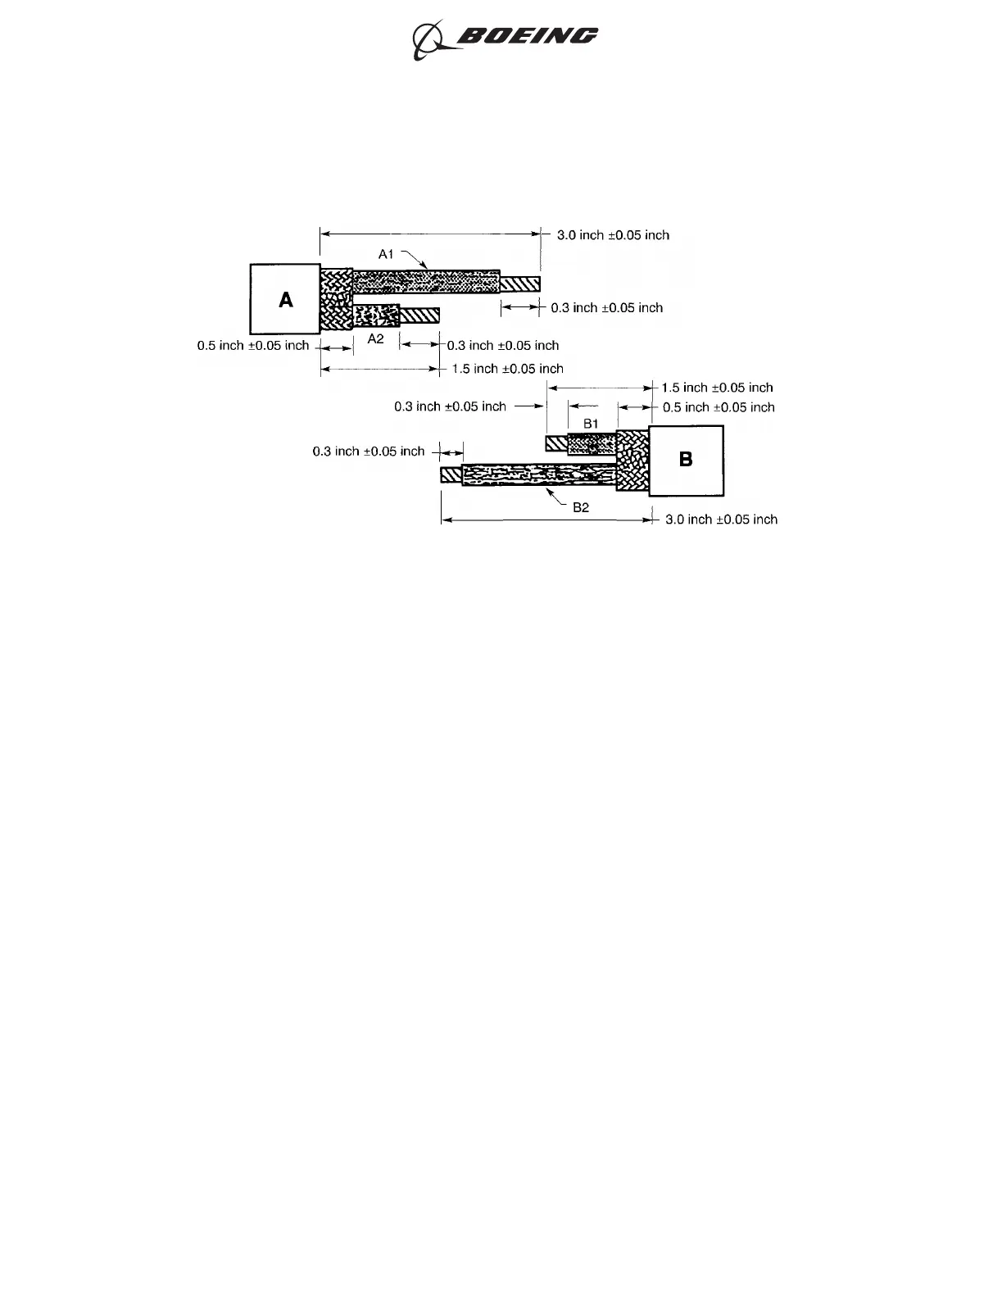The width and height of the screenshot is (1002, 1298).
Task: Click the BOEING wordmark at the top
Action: tap(527, 36)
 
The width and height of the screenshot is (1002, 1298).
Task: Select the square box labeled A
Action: tap(284, 299)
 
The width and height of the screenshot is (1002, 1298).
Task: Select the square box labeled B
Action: tap(686, 460)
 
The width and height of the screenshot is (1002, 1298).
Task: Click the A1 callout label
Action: tap(387, 255)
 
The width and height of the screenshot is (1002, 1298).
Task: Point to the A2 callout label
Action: tap(375, 338)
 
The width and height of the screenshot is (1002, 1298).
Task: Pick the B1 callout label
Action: tap(592, 423)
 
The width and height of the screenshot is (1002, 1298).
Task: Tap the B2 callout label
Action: tap(580, 507)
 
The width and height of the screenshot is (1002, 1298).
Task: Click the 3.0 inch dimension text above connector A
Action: tap(613, 235)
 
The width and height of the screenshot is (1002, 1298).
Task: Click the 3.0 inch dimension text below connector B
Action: tap(721, 519)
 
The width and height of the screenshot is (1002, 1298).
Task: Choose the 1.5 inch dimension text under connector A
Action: tap(507, 369)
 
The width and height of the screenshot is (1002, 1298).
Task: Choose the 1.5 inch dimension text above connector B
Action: tap(717, 388)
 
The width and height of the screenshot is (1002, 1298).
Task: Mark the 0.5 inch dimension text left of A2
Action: tap(253, 346)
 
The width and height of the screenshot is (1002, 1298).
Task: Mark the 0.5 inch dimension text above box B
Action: tap(718, 407)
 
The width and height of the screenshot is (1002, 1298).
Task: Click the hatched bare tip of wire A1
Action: tap(519, 284)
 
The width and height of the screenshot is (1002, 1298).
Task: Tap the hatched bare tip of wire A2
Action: tap(419, 315)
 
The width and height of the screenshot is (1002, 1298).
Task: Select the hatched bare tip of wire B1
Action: tap(557, 443)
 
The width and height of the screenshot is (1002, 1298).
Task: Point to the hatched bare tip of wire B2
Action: tap(451, 474)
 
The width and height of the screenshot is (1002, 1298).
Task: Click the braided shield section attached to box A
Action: tap(336, 299)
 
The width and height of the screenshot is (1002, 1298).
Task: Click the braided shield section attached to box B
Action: tap(632, 461)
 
